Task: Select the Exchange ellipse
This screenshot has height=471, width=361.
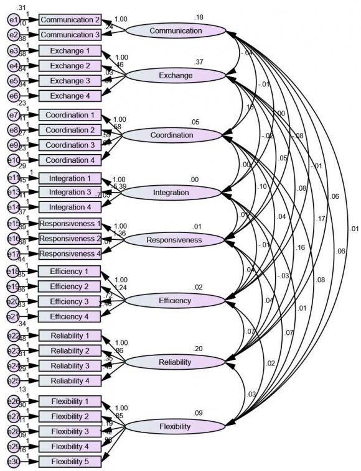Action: [x=176, y=76]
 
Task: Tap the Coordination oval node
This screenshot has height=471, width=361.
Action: [x=176, y=135]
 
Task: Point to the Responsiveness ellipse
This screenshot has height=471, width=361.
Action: [x=174, y=239]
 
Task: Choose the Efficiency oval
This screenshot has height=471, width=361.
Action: [x=174, y=301]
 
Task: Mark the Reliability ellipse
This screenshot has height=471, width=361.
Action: [x=174, y=362]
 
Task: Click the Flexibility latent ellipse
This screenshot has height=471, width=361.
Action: [x=174, y=427]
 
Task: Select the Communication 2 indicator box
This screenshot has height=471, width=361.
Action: [x=70, y=20]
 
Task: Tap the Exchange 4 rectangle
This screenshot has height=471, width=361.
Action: [x=70, y=95]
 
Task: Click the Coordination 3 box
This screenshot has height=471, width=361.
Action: [x=70, y=145]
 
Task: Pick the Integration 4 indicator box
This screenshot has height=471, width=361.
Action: [x=70, y=207]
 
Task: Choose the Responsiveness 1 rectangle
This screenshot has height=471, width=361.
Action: [x=70, y=224]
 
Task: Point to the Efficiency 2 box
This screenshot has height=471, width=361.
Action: [x=70, y=286]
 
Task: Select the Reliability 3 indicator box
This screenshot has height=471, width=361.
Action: [x=70, y=365]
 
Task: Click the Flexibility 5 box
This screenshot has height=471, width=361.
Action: [x=70, y=461]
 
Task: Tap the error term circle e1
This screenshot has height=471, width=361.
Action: [x=13, y=20]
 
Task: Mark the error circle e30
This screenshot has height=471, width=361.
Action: [x=13, y=461]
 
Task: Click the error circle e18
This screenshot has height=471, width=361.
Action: [x=13, y=272]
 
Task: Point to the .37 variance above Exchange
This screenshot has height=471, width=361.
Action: [x=199, y=62]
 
